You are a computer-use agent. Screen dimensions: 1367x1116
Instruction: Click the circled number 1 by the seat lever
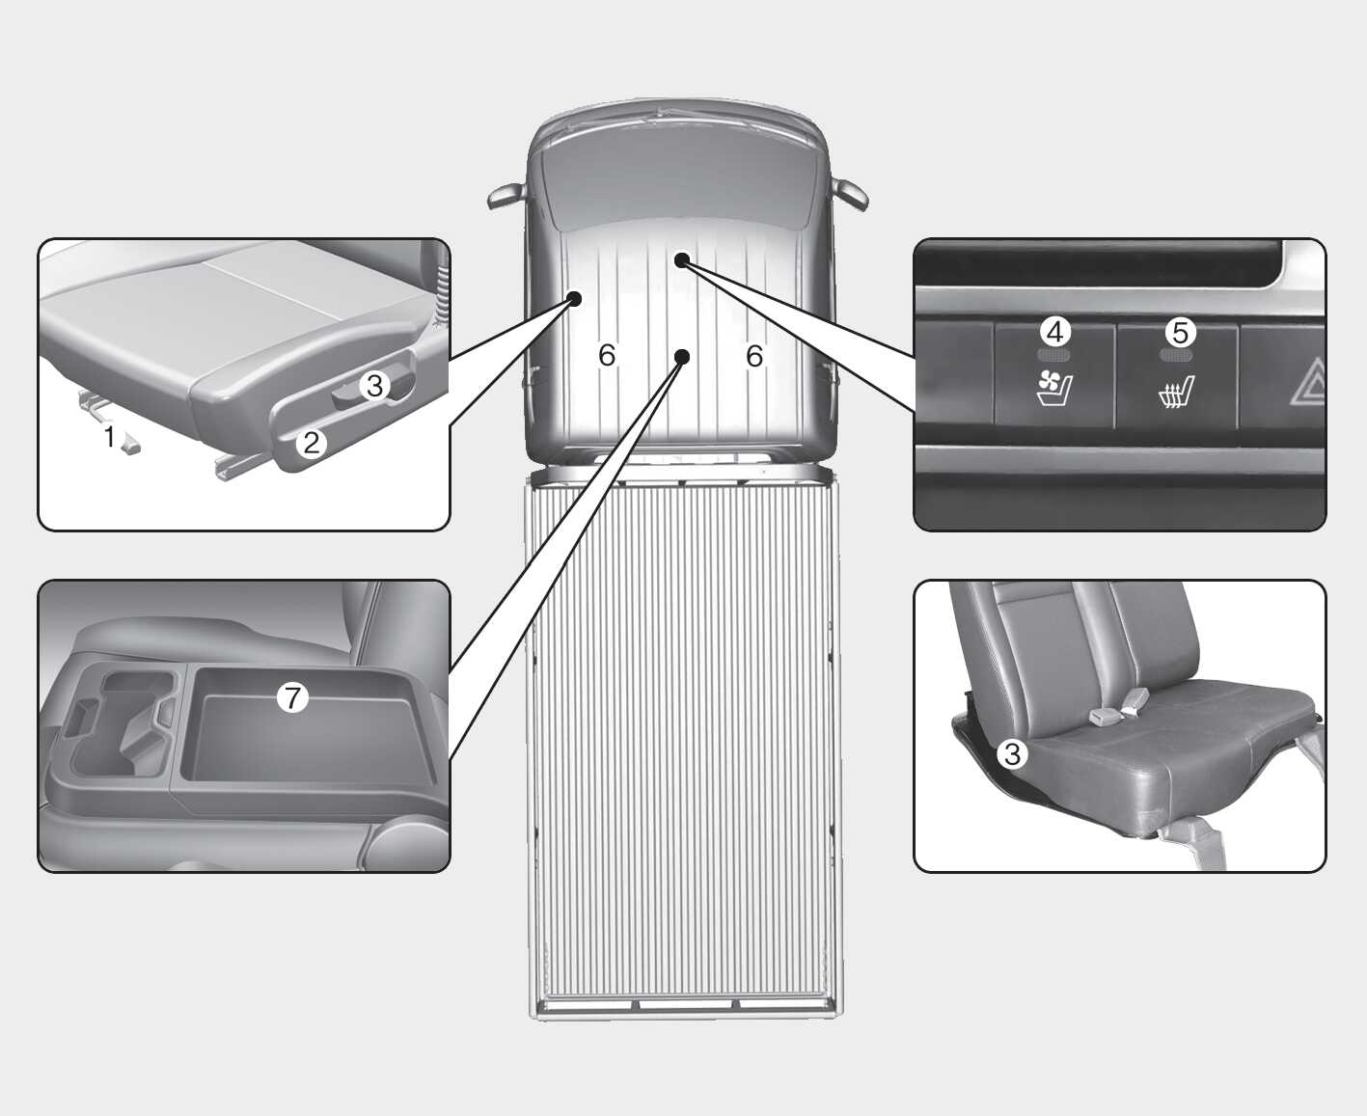pyautogui.click(x=110, y=436)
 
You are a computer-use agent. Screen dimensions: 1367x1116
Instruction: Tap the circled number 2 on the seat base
pyautogui.click(x=312, y=444)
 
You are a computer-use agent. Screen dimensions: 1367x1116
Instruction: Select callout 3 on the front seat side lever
pyautogui.click(x=374, y=386)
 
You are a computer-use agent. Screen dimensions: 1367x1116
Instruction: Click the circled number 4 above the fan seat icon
pyautogui.click(x=1055, y=332)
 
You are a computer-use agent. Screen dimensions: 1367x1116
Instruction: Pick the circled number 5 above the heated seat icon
pyautogui.click(x=1180, y=333)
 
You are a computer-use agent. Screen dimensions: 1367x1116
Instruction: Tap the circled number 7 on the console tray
pyautogui.click(x=292, y=698)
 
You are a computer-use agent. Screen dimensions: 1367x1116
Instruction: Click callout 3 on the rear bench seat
pyautogui.click(x=1012, y=753)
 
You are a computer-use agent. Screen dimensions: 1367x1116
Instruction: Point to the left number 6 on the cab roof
pyautogui.click(x=607, y=355)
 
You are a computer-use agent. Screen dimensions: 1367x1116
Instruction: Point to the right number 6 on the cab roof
pyautogui.click(x=754, y=356)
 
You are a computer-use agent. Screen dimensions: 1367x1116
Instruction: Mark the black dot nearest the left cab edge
pyautogui.click(x=574, y=298)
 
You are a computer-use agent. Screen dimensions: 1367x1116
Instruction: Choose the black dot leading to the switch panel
pyautogui.click(x=682, y=259)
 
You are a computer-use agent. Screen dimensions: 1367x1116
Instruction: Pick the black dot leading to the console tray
pyautogui.click(x=682, y=357)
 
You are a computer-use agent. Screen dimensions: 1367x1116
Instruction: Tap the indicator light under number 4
pyautogui.click(x=1053, y=355)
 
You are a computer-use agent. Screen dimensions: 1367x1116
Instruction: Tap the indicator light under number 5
pyautogui.click(x=1176, y=355)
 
